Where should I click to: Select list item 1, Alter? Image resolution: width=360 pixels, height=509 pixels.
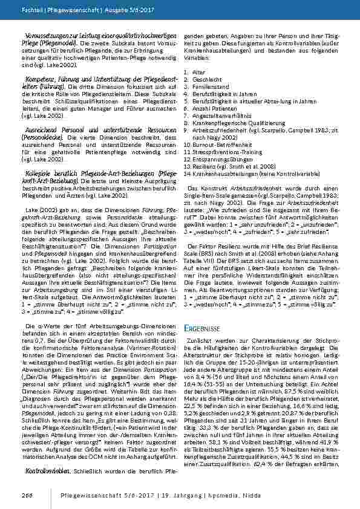pos(195,71)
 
